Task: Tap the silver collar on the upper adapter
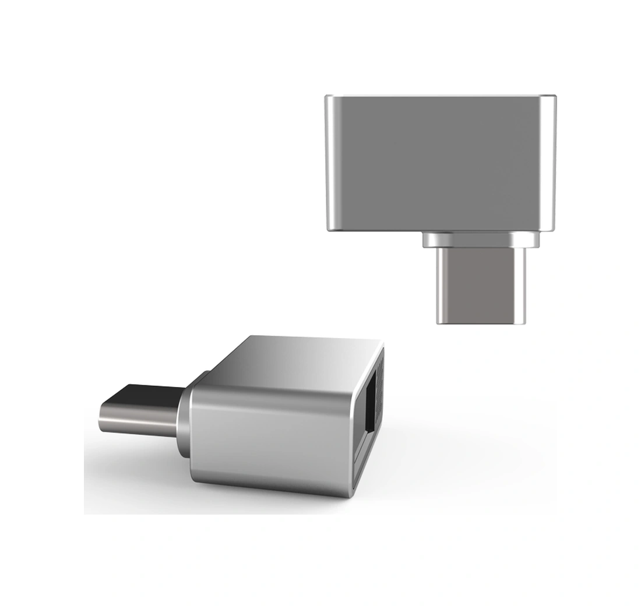[481, 239]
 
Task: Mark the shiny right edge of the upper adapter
[548, 163]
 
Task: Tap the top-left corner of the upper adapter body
[327, 97]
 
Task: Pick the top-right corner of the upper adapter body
[554, 97]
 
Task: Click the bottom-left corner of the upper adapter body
[328, 230]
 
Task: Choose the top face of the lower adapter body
[291, 361]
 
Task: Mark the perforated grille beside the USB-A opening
[379, 373]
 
